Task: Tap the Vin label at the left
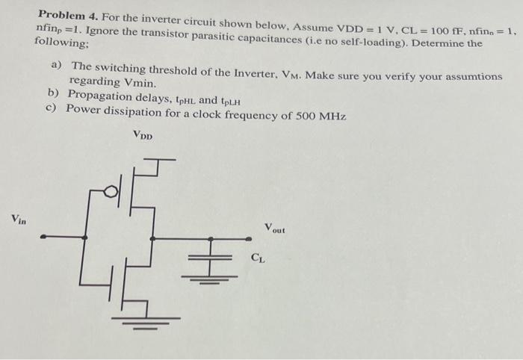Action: coord(19,219)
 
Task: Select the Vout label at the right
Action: coord(274,227)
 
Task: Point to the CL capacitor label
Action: coord(256,258)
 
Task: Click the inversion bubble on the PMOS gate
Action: coord(110,193)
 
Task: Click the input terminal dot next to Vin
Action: coord(43,238)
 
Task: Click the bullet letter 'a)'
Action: coord(56,66)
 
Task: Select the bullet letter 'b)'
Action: coord(52,95)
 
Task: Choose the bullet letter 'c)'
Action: coord(51,108)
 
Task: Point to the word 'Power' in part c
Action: coord(81,110)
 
